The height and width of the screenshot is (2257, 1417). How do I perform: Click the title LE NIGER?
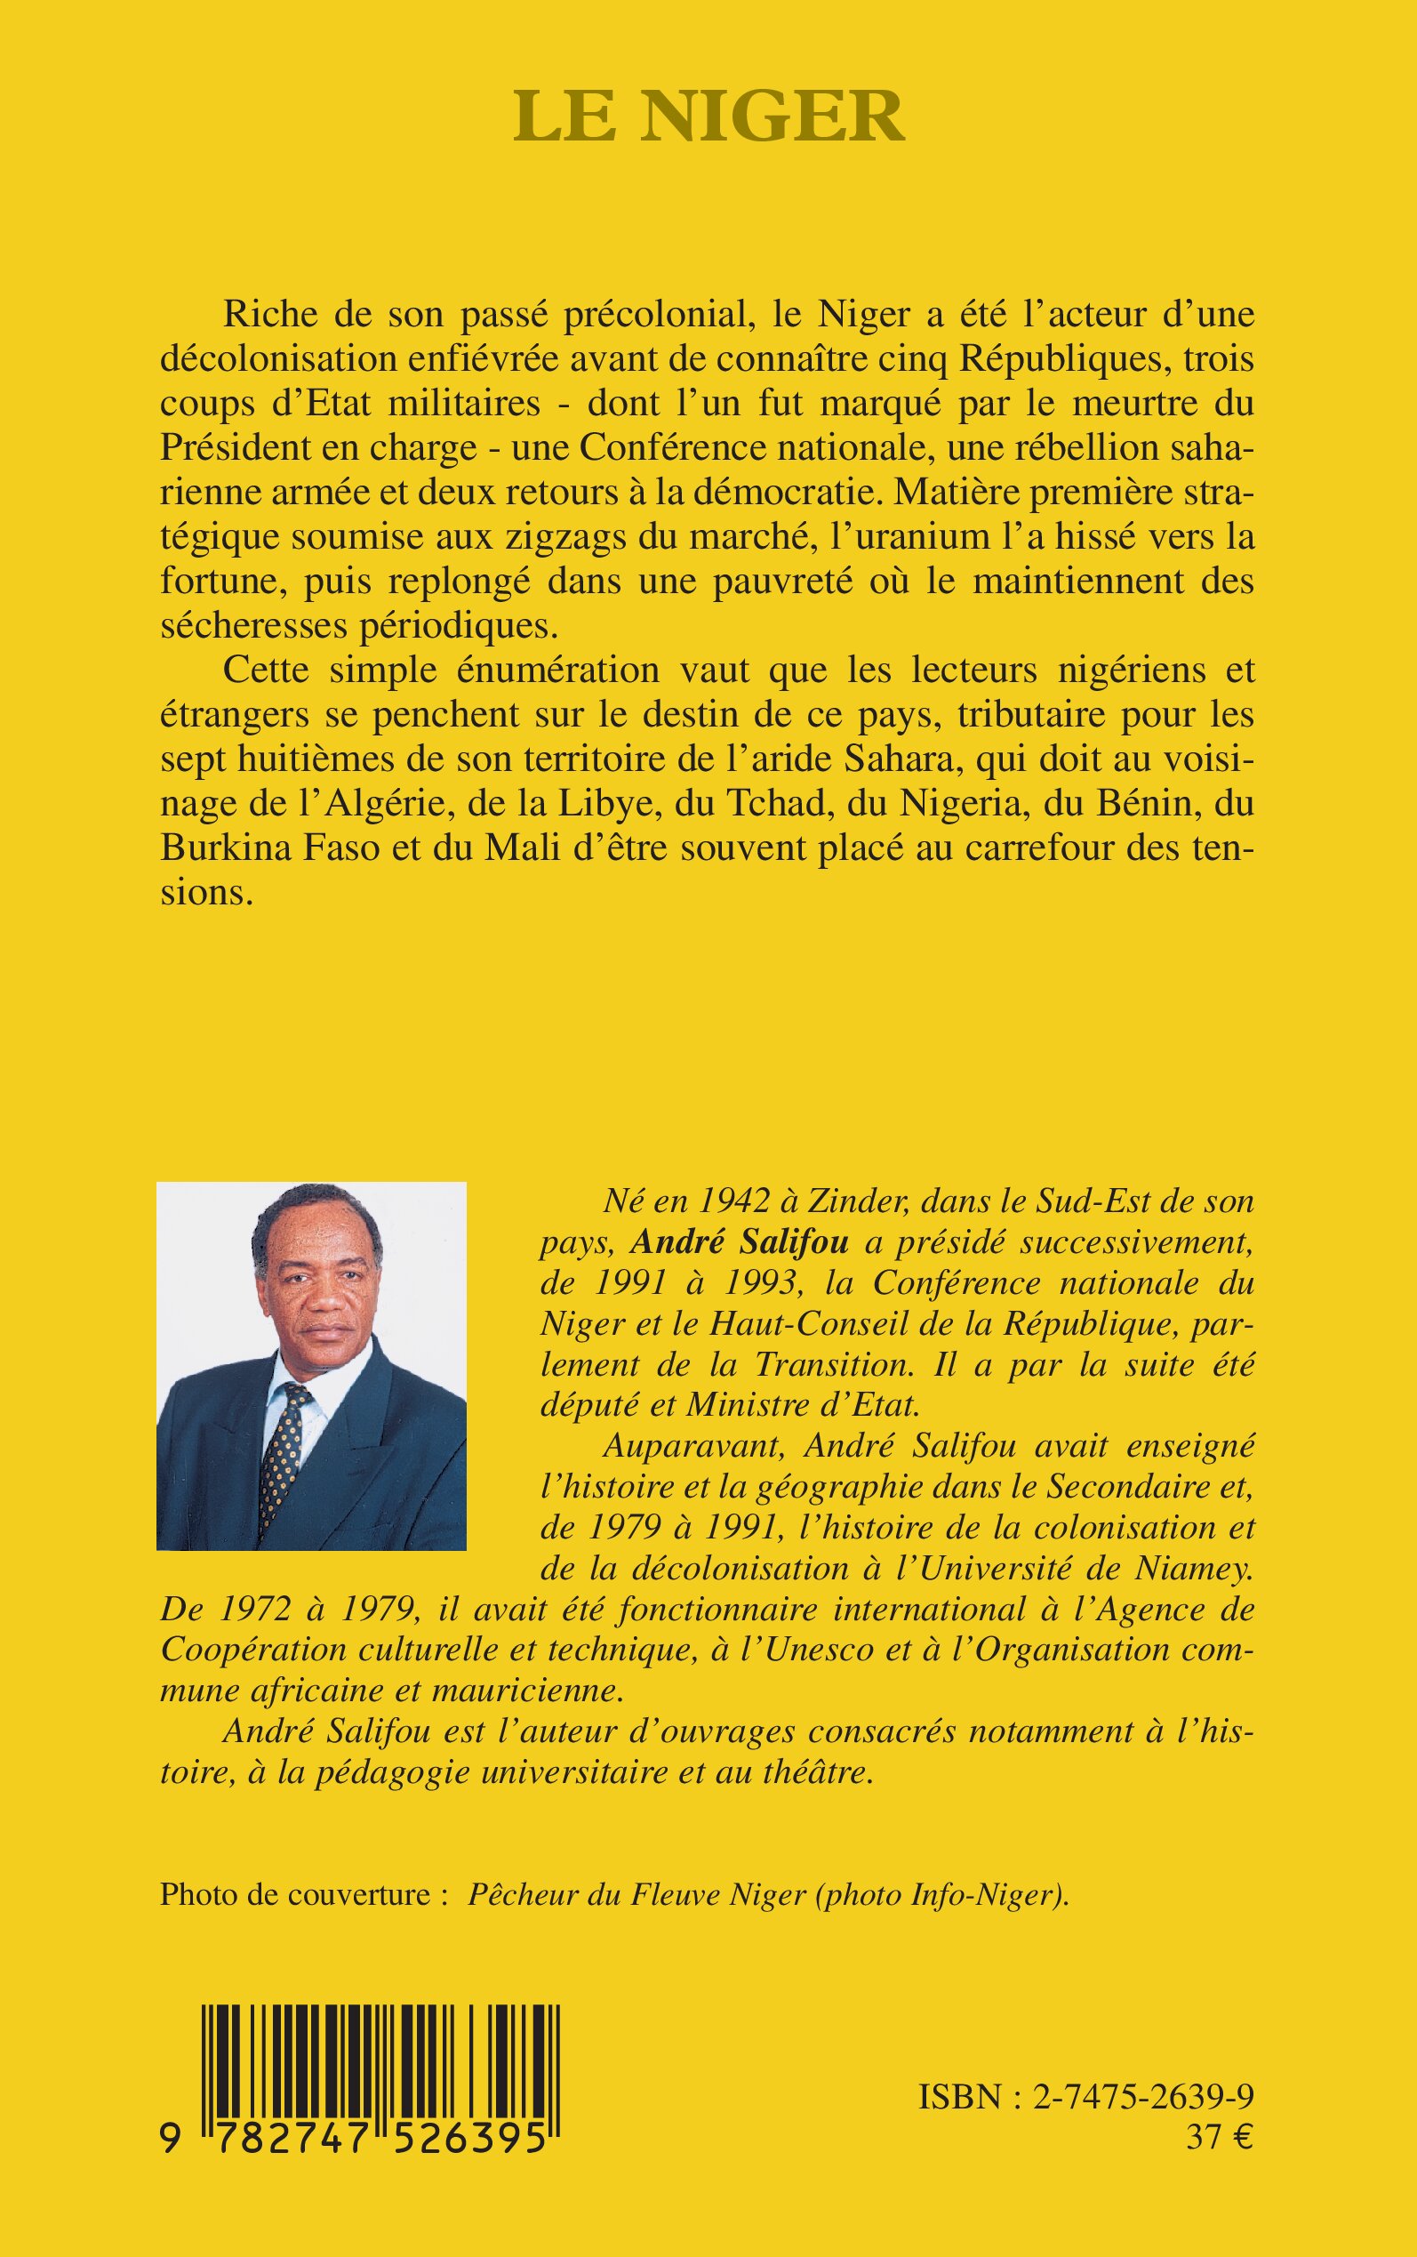[708, 116]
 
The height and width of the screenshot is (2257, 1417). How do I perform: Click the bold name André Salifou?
[740, 1242]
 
